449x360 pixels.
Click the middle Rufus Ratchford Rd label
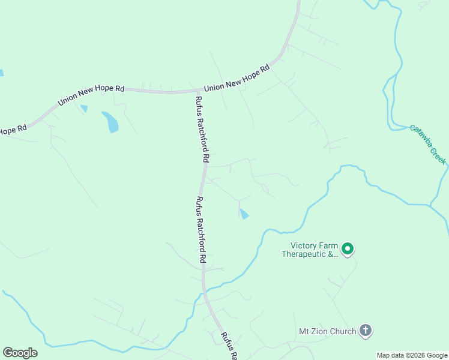click(202, 230)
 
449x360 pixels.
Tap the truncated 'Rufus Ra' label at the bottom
click(229, 346)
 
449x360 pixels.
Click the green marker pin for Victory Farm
click(347, 248)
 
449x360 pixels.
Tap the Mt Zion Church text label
click(327, 331)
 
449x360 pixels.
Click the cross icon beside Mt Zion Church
click(365, 330)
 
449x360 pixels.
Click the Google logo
click(20, 353)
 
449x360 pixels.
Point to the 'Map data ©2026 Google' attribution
click(412, 355)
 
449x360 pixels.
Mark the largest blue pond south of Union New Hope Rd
click(110, 122)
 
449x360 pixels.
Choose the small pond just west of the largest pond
click(84, 109)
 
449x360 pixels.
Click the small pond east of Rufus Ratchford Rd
click(244, 214)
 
